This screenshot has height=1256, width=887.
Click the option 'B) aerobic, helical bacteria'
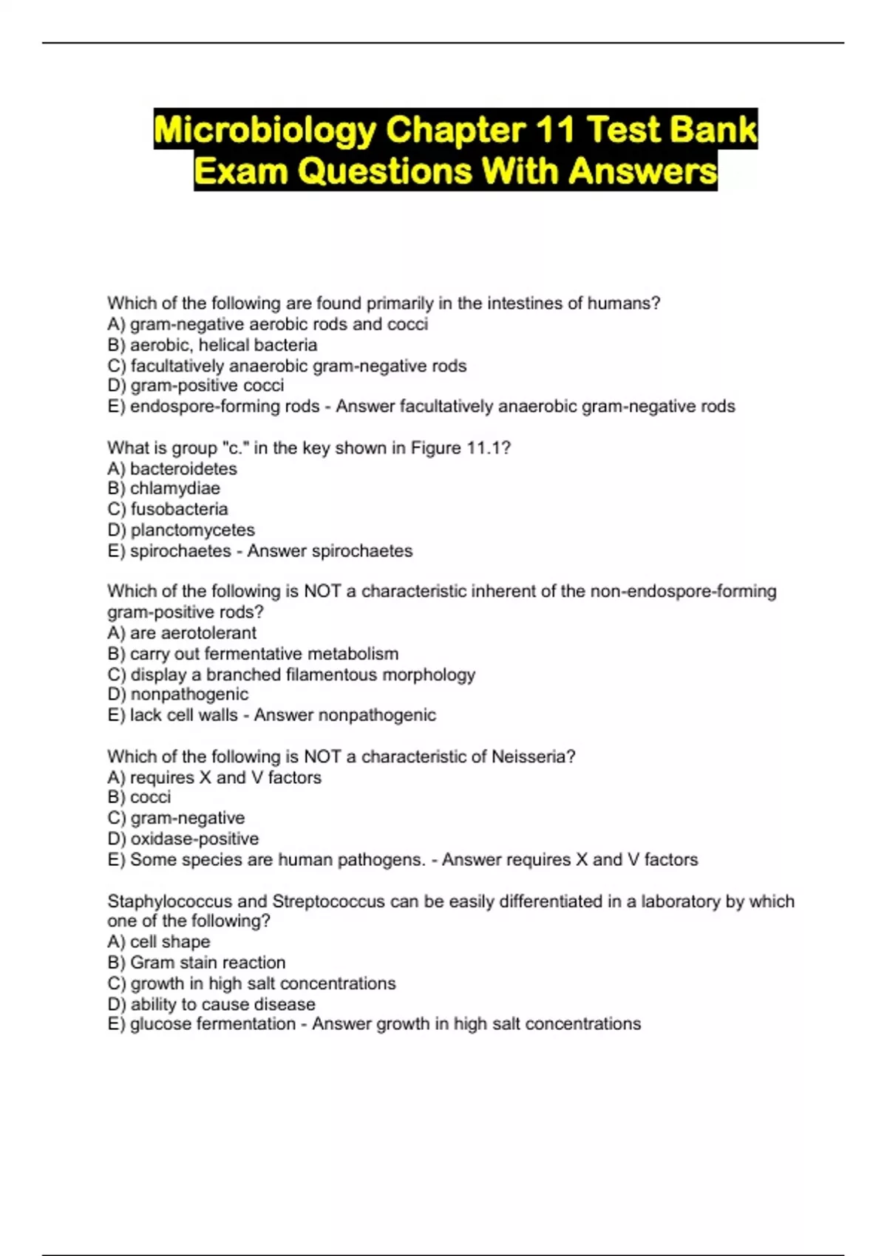pos(212,345)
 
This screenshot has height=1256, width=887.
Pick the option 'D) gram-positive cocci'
pos(196,386)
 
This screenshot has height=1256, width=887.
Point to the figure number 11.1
pos(484,448)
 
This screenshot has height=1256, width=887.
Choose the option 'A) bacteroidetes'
pos(172,468)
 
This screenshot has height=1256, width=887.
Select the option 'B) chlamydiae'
pos(163,488)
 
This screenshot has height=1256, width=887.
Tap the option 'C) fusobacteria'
pos(168,509)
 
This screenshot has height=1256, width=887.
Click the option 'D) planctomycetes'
pos(181,530)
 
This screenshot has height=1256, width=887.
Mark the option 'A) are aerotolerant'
pos(182,633)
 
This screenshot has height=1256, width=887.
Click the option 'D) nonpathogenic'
pos(178,694)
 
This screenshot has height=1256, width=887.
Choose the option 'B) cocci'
pos(139,797)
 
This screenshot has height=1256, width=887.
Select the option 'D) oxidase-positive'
pos(183,839)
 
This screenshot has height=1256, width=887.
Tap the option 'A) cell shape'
pos(159,942)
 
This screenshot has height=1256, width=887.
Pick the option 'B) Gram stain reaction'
pos(197,963)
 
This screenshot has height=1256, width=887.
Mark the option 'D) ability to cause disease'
pos(211,1004)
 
